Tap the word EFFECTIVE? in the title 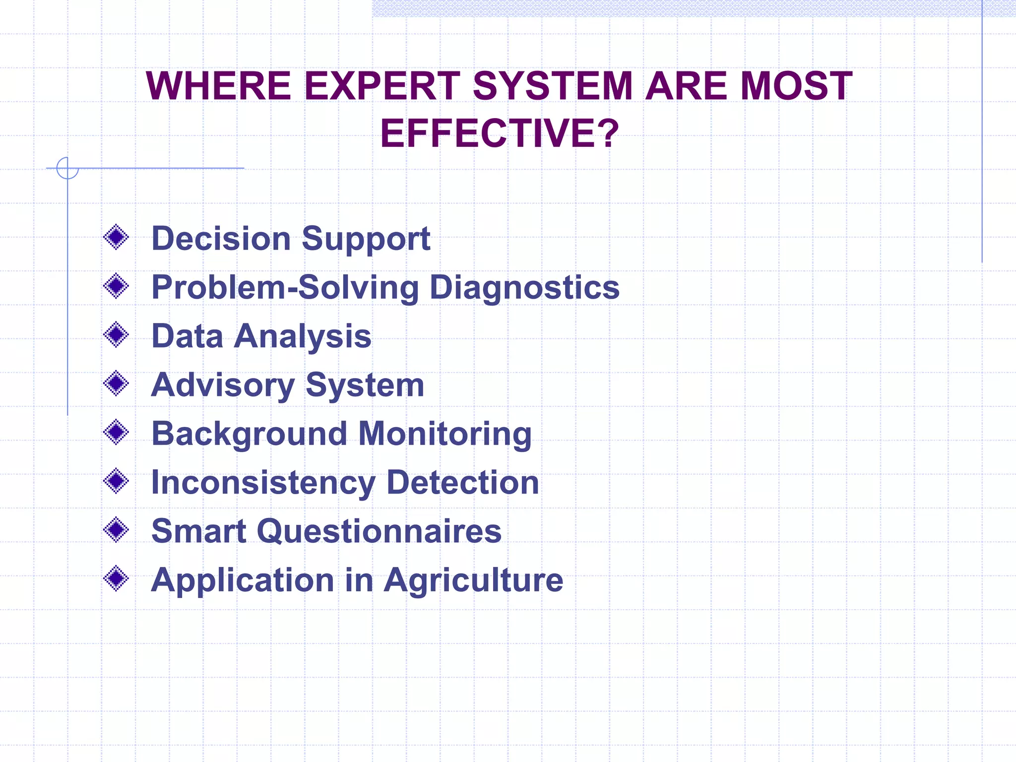tap(500, 133)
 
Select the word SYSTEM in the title tap(553, 86)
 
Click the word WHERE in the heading tap(218, 86)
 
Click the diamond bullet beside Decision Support tap(116, 238)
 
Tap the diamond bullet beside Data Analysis tap(116, 335)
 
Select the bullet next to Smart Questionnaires tap(116, 530)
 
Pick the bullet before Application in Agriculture tap(116, 579)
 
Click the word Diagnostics tap(524, 287)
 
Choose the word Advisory tap(223, 385)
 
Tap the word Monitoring tap(444, 434)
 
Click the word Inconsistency tap(263, 482)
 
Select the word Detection tap(462, 482)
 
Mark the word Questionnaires tap(379, 531)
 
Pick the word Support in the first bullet tap(366, 239)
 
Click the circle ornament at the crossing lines tap(67, 168)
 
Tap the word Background tap(249, 434)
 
